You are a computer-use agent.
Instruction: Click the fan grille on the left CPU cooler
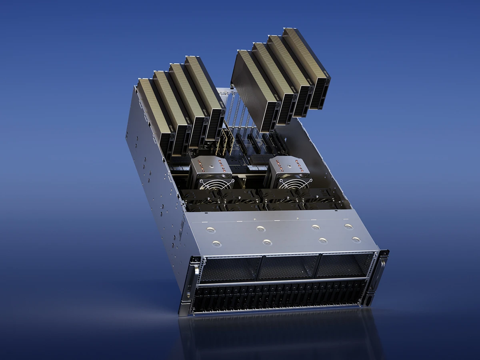click(x=216, y=184)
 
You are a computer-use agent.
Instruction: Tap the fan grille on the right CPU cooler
click(x=295, y=183)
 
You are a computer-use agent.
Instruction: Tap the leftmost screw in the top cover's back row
click(x=211, y=230)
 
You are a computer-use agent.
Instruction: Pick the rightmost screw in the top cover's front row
click(x=356, y=240)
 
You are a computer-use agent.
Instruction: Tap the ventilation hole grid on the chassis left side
click(x=182, y=228)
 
